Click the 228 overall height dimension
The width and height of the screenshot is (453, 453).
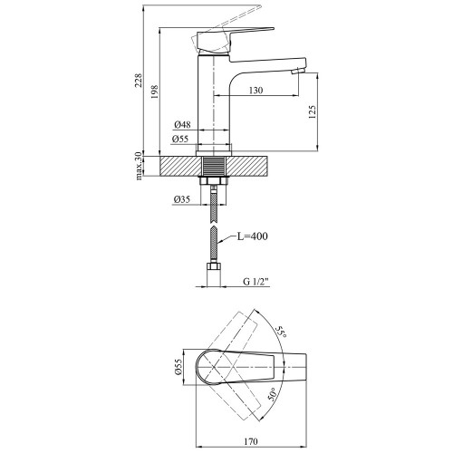pyautogui.click(x=139, y=80)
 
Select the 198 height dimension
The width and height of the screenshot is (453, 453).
pyautogui.click(x=154, y=92)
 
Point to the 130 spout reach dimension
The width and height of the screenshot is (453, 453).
pyautogui.click(x=256, y=91)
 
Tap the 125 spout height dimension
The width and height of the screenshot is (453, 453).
pyautogui.click(x=313, y=111)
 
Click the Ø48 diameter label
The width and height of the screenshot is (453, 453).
pyautogui.click(x=182, y=124)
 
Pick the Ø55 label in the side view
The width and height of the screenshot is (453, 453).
pyautogui.click(x=180, y=139)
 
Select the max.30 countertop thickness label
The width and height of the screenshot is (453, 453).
pyautogui.click(x=139, y=166)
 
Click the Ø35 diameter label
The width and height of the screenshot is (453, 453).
pyautogui.click(x=182, y=199)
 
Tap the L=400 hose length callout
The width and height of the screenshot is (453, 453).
pyautogui.click(x=252, y=236)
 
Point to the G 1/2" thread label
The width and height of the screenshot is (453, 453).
pyautogui.click(x=255, y=282)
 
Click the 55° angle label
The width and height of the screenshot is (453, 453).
pyautogui.click(x=280, y=333)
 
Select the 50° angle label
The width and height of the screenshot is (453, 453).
pyautogui.click(x=272, y=394)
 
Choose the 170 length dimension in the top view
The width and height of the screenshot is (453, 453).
pyautogui.click(x=251, y=442)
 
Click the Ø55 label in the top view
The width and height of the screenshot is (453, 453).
pyautogui.click(x=178, y=367)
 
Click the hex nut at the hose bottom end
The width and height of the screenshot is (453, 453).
pyautogui.click(x=214, y=267)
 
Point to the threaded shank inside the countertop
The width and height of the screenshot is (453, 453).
pyautogui.click(x=214, y=166)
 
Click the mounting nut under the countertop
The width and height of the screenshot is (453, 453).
pyautogui.click(x=214, y=181)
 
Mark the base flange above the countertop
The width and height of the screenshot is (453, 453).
pyautogui.click(x=214, y=153)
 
